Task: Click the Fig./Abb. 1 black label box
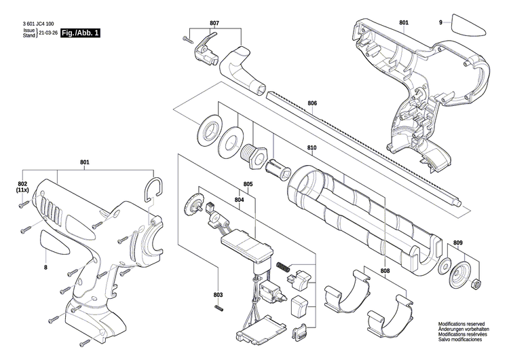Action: point(80,32)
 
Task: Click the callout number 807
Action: point(214,23)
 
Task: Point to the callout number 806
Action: point(312,103)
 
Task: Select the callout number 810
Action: point(312,147)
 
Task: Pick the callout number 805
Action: point(248,185)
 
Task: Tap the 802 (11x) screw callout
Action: point(22,187)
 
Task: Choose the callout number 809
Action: point(458,242)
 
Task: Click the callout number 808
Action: point(385,271)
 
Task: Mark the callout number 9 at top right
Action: point(440,23)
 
